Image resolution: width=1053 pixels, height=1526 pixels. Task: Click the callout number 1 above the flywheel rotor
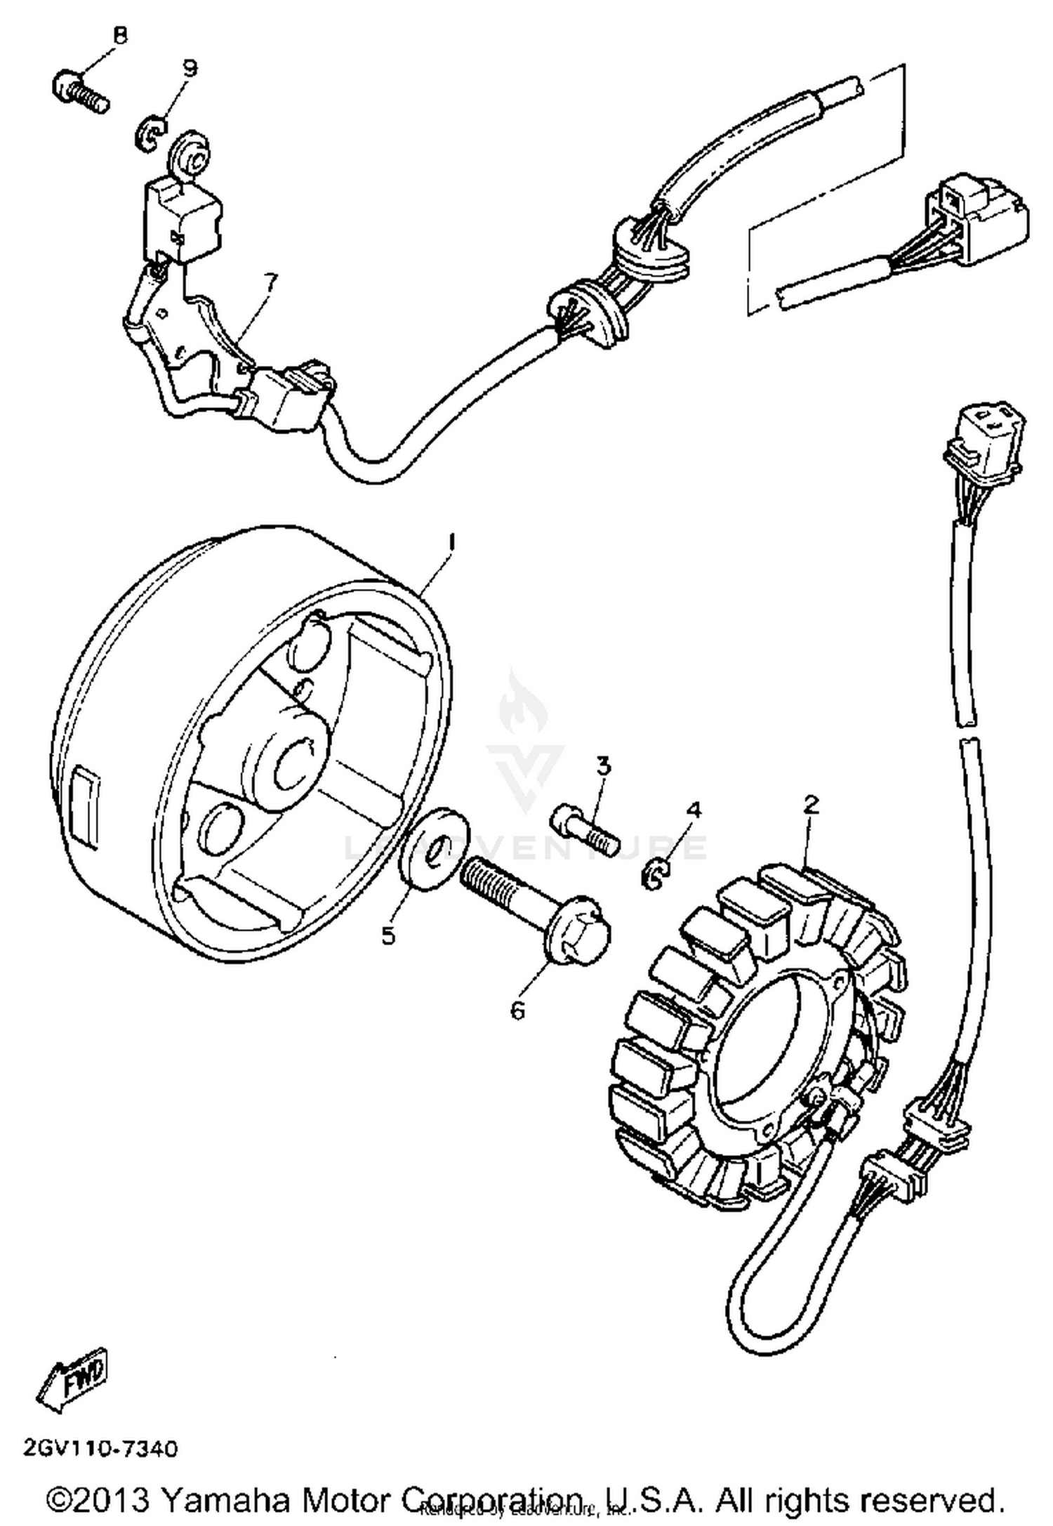(452, 541)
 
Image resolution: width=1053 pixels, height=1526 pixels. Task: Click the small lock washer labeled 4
(656, 877)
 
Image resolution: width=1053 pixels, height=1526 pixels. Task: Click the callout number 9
(189, 68)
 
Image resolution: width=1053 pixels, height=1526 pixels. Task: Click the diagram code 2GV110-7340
(101, 1447)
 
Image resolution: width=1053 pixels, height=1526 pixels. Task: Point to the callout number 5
(388, 936)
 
